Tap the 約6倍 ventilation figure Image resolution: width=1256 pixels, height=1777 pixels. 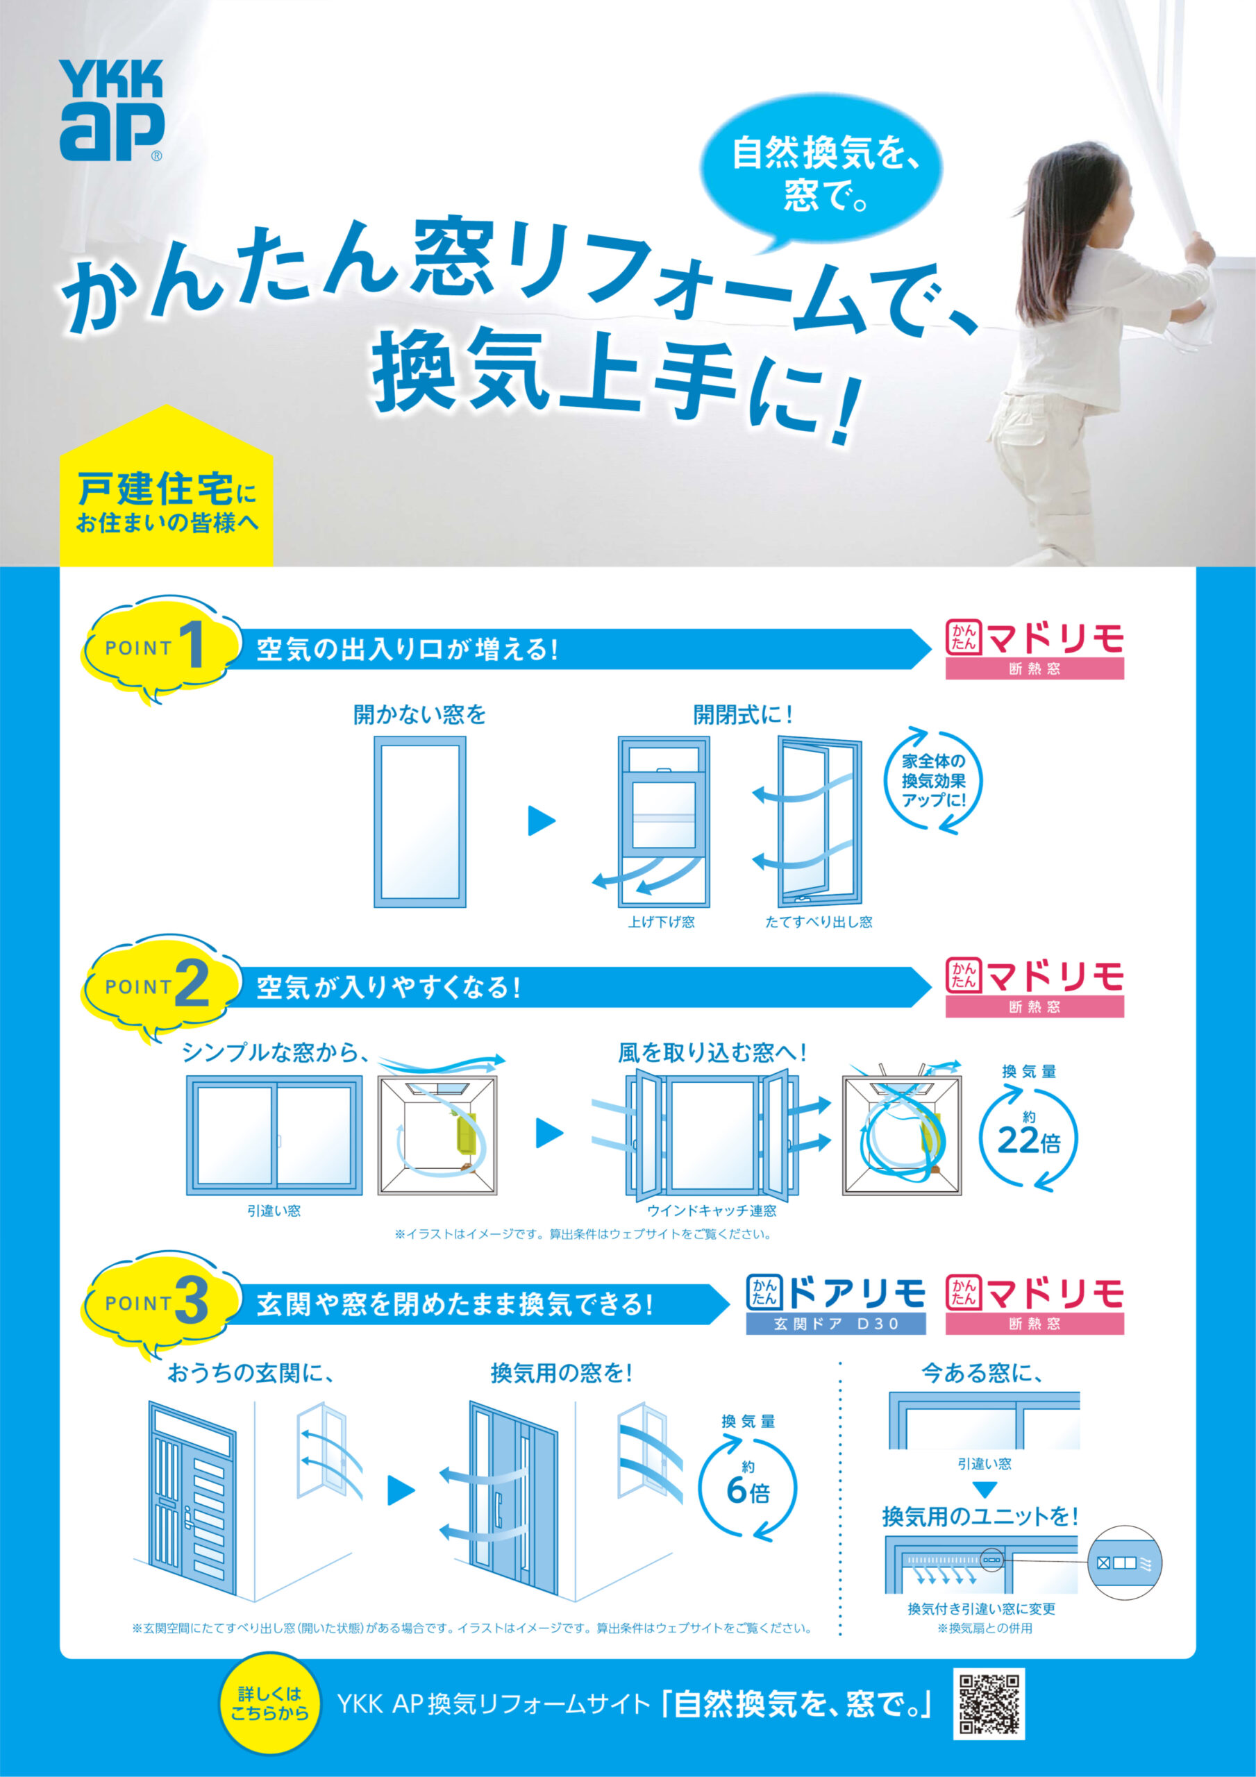pyautogui.click(x=748, y=1486)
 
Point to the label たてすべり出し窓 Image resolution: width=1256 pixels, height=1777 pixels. pyautogui.click(x=819, y=922)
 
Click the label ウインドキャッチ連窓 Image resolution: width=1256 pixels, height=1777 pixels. pyautogui.click(x=712, y=1211)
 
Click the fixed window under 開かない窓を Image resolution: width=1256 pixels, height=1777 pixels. pyautogui.click(x=421, y=821)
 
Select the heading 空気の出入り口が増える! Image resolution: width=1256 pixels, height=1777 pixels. pyautogui.click(x=408, y=648)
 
